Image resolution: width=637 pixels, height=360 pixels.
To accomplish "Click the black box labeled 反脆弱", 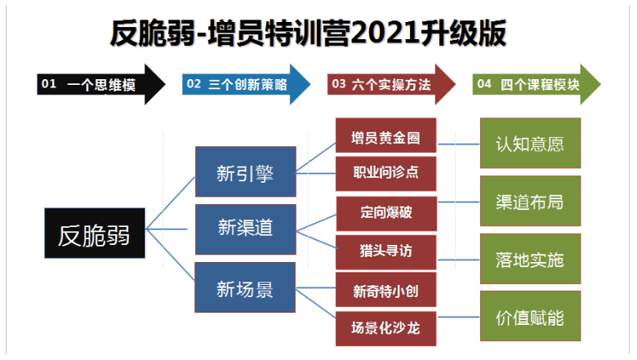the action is [x=95, y=233].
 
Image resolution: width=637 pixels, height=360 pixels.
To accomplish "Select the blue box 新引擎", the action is [x=245, y=171].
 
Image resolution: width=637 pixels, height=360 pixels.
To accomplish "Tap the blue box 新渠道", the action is [x=245, y=229].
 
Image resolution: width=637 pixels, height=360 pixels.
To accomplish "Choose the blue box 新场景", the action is [x=245, y=287].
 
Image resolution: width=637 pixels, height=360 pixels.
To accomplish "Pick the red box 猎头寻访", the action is [x=386, y=252].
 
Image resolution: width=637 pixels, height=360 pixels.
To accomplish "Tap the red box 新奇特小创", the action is [x=386, y=289].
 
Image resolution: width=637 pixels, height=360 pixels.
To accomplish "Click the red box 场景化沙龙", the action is [x=386, y=329].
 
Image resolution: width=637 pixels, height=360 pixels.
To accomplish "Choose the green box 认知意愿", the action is [x=531, y=143].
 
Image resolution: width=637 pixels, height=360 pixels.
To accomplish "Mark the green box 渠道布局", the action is [x=531, y=201].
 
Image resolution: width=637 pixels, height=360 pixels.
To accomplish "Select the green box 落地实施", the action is [x=531, y=259].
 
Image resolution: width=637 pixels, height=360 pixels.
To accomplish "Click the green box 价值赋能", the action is [x=531, y=316].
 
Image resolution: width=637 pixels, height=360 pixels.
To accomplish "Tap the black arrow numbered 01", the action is [x=101, y=84].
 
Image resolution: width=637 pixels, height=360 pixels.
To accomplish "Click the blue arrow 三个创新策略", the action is [x=246, y=84].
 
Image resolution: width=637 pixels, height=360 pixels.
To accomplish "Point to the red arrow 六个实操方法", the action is [x=392, y=84].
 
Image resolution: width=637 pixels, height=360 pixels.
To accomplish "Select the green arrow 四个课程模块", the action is [x=537, y=84].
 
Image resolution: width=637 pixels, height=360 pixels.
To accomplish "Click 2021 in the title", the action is [x=385, y=33].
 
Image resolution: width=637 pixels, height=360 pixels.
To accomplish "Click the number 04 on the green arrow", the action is [x=484, y=84].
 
